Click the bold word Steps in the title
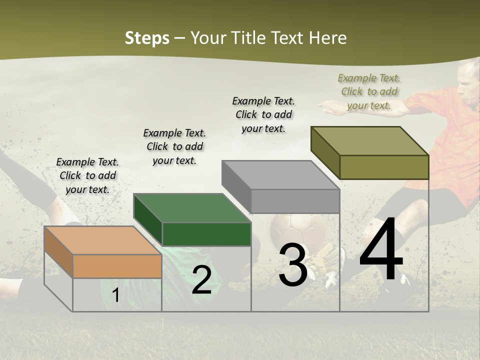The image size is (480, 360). (x=147, y=38)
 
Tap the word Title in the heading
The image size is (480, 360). (x=250, y=38)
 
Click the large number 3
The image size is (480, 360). (x=292, y=264)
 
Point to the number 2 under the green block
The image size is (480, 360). (x=201, y=280)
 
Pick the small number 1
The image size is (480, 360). (x=115, y=295)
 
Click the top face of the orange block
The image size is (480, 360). (x=102, y=240)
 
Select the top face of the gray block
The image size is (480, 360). (x=280, y=175)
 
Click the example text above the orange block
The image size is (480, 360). (x=87, y=175)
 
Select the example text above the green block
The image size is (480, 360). (x=174, y=146)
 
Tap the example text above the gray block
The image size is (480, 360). (x=263, y=114)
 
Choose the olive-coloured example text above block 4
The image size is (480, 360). (x=369, y=91)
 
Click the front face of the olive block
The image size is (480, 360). (x=384, y=167)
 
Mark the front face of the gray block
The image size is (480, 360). (x=295, y=201)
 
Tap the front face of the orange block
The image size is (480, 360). (x=117, y=266)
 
